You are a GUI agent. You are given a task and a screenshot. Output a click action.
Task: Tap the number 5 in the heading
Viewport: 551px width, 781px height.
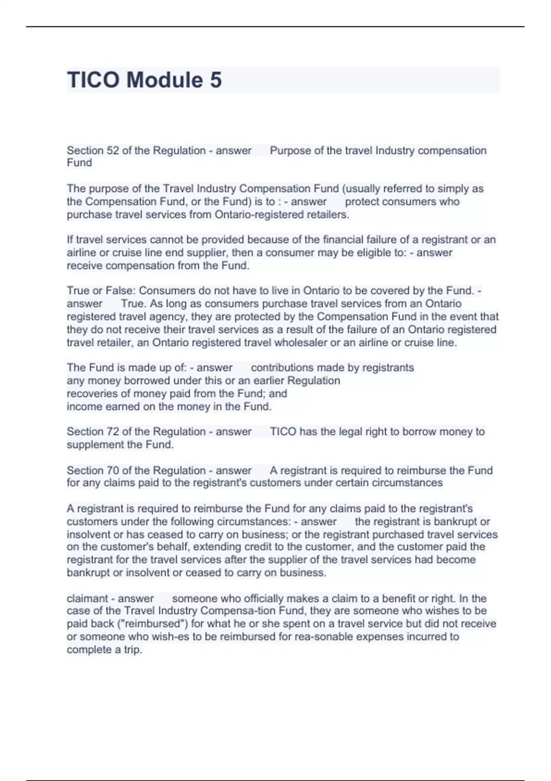216,80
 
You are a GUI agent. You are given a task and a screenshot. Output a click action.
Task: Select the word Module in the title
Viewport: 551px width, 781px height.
164,80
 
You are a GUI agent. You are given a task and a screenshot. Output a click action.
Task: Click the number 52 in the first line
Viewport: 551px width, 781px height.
113,151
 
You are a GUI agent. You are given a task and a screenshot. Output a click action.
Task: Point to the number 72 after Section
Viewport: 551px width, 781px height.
113,432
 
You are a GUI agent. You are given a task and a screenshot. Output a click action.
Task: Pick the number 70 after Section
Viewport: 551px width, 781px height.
113,470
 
